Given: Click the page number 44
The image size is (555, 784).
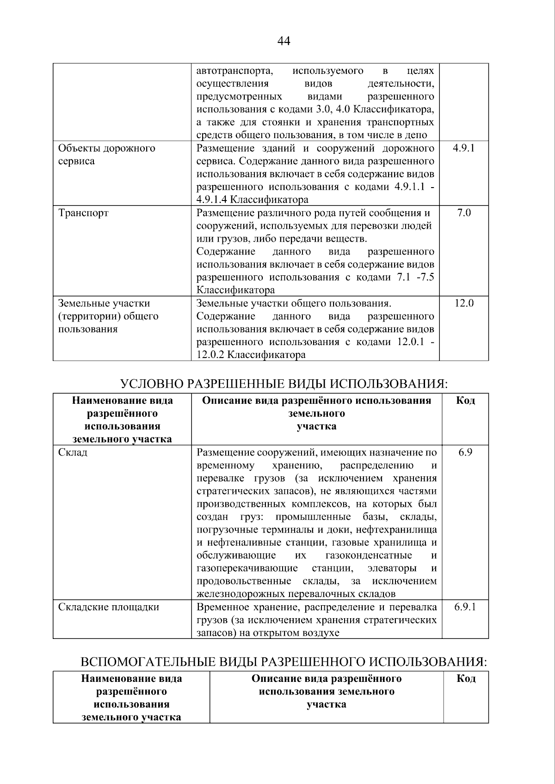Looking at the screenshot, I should pos(284,41).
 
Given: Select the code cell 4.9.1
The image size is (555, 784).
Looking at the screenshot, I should pos(463,148).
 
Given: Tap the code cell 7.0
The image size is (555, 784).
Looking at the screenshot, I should pos(463,213).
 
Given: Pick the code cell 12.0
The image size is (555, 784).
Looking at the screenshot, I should pos(463,304).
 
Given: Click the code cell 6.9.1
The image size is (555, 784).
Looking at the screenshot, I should pos(465,607).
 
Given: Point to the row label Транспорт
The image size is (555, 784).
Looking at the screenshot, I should pos(83,213).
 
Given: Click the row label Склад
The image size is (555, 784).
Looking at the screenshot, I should pos(73,452).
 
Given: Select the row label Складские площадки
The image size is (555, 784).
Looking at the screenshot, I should pos(109,607).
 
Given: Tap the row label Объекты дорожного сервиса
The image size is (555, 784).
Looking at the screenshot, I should pos(106,155).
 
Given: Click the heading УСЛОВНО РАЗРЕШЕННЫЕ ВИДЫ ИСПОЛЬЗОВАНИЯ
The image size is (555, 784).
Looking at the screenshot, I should pos(284,384).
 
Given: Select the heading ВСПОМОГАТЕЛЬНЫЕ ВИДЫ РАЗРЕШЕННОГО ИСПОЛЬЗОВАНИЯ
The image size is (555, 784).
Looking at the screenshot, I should pos(284,662).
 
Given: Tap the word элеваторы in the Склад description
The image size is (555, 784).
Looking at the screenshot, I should pos(391,568).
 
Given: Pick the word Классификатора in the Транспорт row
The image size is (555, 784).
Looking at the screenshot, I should pos(235,291).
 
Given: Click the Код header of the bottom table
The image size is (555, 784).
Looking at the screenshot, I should pos(466,679).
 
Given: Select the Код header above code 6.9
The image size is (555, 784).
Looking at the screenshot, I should pos(465,401).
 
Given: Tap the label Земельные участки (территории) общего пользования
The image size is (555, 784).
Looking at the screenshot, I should pos(108,316).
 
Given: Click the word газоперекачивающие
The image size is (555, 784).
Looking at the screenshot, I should pos(247,568).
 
